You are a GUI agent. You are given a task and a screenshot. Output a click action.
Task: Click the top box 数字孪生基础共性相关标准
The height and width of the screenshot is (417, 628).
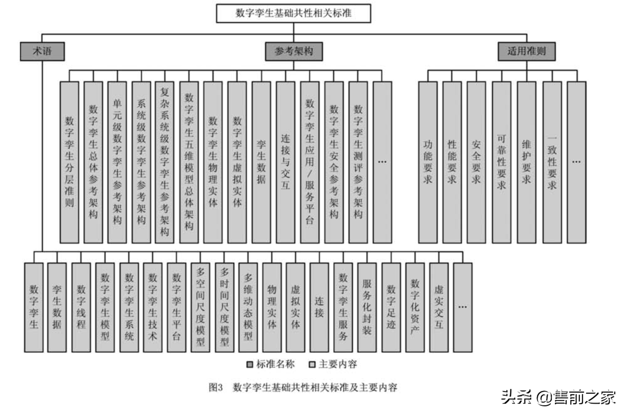(x=294, y=13)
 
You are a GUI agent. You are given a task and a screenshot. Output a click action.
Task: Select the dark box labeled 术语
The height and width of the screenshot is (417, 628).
(x=42, y=51)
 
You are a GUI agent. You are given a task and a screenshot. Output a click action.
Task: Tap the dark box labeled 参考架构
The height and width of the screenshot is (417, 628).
(x=294, y=51)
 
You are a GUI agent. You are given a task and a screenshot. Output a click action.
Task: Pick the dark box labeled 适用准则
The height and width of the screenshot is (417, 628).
(x=526, y=51)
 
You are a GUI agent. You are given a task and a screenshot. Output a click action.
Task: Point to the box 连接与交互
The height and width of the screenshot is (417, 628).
(x=286, y=162)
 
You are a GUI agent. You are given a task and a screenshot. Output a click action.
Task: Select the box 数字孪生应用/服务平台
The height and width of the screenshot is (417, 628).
(x=310, y=162)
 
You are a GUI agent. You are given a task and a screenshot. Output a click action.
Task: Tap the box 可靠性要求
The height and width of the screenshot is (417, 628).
(x=501, y=162)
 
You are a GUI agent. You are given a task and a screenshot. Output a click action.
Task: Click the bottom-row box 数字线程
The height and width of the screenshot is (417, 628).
(x=81, y=307)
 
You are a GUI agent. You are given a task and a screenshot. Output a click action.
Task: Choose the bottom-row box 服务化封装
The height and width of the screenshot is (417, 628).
(x=367, y=307)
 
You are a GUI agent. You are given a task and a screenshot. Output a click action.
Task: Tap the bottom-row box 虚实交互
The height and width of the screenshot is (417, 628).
(x=439, y=307)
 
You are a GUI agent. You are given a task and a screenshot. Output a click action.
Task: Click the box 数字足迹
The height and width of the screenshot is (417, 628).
(x=391, y=307)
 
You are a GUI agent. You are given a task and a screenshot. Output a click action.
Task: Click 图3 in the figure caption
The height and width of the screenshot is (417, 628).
(x=216, y=388)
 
